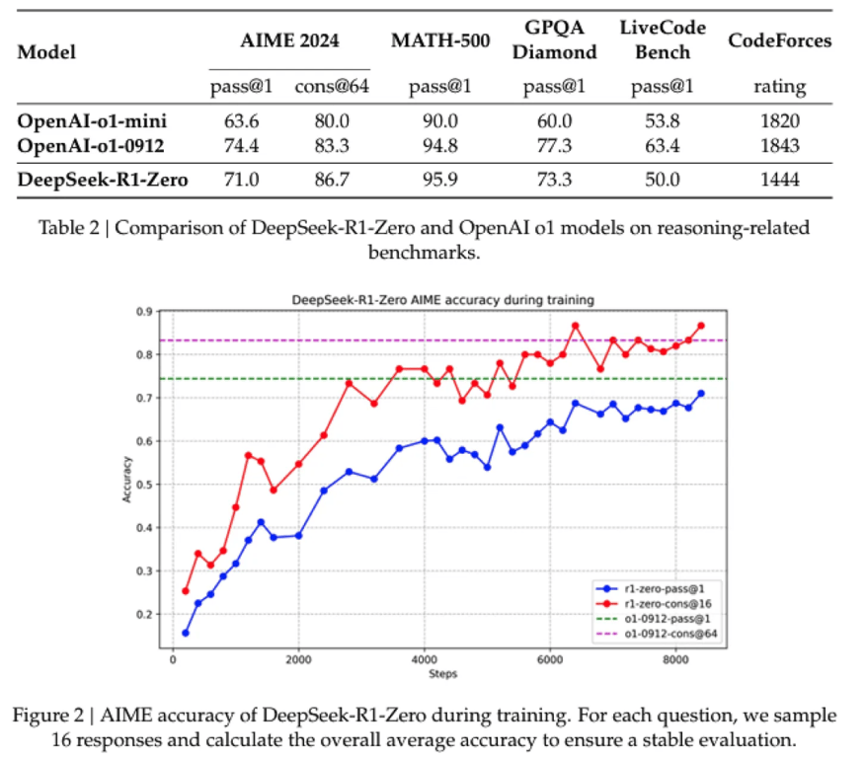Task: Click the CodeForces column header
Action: pos(779,40)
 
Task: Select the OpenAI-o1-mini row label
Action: pos(92,121)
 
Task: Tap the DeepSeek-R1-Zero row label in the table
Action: pos(103,179)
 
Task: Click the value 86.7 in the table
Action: pos(331,179)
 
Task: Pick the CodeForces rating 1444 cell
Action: pos(779,179)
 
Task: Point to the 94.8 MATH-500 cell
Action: pos(440,146)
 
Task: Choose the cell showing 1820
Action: pos(779,121)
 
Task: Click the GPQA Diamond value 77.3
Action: pos(554,146)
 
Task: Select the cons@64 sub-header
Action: pos(331,87)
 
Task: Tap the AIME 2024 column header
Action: pos(289,40)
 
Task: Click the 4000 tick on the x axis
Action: pos(424,660)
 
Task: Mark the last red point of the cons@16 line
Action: pos(701,326)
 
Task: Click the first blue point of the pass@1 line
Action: pos(186,633)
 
